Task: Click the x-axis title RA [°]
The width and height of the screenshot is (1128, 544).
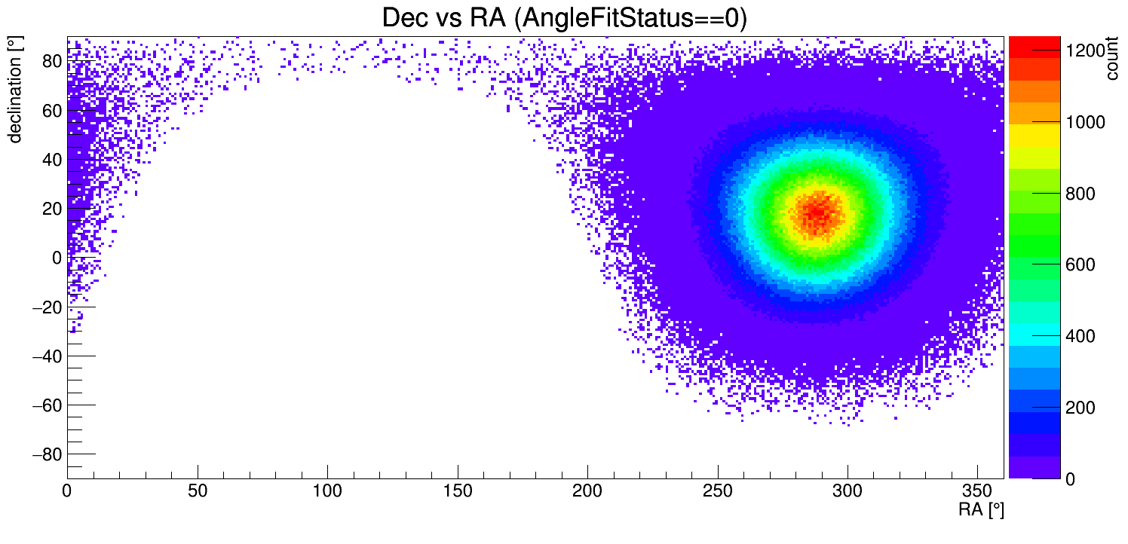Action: tap(981, 510)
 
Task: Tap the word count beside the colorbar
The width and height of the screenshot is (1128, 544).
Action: tap(1111, 60)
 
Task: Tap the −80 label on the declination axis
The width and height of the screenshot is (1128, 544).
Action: tap(44, 454)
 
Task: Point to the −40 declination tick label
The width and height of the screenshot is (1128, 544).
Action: tap(44, 356)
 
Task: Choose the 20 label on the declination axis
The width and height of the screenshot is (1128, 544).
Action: tap(51, 209)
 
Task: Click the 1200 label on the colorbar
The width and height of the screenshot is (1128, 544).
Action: tap(1085, 50)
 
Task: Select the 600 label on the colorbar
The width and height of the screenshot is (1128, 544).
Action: tap(1080, 265)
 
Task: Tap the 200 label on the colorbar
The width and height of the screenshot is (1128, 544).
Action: tap(1080, 408)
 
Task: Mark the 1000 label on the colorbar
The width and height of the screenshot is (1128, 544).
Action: tap(1085, 122)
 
